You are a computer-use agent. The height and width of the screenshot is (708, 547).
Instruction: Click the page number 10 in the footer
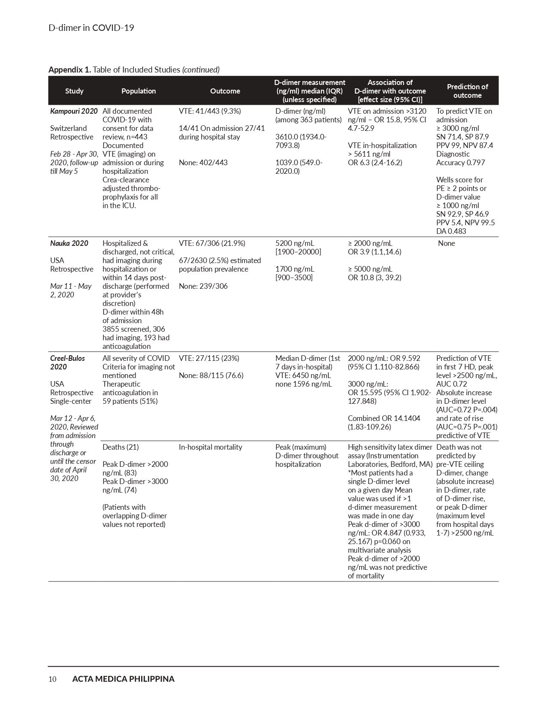[x=52, y=679]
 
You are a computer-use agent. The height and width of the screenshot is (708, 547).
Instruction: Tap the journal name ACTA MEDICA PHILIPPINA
[x=123, y=679]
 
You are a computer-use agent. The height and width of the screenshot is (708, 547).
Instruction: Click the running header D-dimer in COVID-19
[x=91, y=28]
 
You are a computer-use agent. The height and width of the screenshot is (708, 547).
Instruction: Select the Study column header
[x=74, y=91]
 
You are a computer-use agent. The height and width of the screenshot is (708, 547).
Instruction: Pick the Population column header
[x=139, y=91]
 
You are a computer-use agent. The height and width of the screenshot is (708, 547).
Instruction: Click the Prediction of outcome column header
[x=467, y=91]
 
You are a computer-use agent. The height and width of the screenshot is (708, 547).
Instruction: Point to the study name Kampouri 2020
[x=74, y=111]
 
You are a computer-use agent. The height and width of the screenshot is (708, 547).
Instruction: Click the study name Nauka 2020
[x=69, y=243]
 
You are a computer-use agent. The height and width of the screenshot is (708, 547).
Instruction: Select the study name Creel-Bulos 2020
[x=67, y=362]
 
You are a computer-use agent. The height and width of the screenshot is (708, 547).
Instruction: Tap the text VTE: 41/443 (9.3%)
[x=210, y=111]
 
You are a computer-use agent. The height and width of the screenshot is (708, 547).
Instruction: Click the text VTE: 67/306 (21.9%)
[x=212, y=243]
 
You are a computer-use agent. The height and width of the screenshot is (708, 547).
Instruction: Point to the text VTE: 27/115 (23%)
[x=209, y=358]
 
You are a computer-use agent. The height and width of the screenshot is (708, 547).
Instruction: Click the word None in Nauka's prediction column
[x=446, y=243]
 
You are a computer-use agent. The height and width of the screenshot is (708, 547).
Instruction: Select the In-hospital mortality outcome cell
[x=210, y=447]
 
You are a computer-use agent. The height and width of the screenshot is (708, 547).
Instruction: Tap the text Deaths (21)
[x=121, y=447]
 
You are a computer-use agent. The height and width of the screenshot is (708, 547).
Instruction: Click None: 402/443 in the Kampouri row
[x=203, y=163]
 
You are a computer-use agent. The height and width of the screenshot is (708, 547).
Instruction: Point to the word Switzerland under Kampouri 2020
[x=68, y=128]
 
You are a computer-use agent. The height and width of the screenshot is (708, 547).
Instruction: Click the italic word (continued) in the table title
[x=201, y=70]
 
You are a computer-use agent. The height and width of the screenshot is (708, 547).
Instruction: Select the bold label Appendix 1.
[x=70, y=70]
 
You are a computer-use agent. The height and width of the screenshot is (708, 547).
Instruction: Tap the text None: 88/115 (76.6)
[x=211, y=375]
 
